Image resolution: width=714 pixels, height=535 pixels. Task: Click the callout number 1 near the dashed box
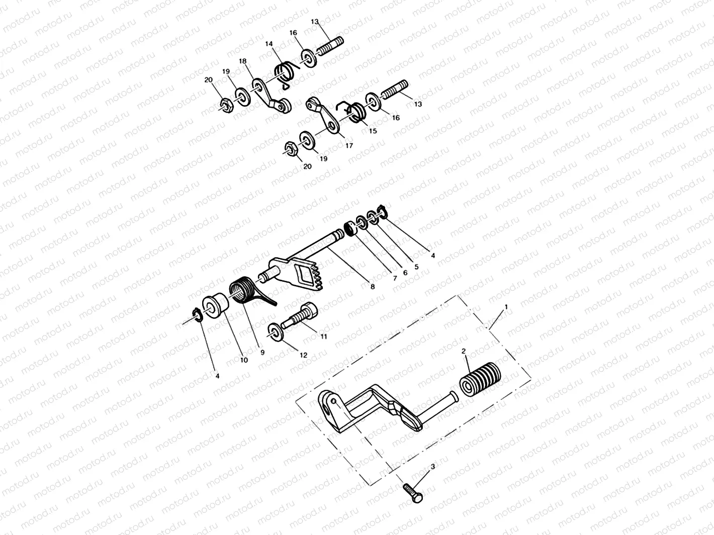coord(506,306)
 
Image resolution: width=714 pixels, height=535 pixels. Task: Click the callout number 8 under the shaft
coord(372,287)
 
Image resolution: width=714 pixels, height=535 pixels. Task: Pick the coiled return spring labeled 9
coord(244,292)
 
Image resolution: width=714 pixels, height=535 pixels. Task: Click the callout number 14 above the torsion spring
coord(269,44)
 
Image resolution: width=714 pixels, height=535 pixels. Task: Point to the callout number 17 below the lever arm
coord(349,146)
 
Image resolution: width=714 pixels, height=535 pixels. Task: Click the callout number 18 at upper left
coord(243,61)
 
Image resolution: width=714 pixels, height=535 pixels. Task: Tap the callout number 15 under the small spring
coord(373,131)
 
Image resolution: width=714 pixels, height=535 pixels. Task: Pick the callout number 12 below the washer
coord(304,355)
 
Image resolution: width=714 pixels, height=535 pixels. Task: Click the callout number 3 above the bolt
coord(433,467)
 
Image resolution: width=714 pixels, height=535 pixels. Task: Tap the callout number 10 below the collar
coord(244,360)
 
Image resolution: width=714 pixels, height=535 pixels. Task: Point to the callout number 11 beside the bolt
coord(324,336)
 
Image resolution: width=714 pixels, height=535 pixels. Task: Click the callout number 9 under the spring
coord(262,353)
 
